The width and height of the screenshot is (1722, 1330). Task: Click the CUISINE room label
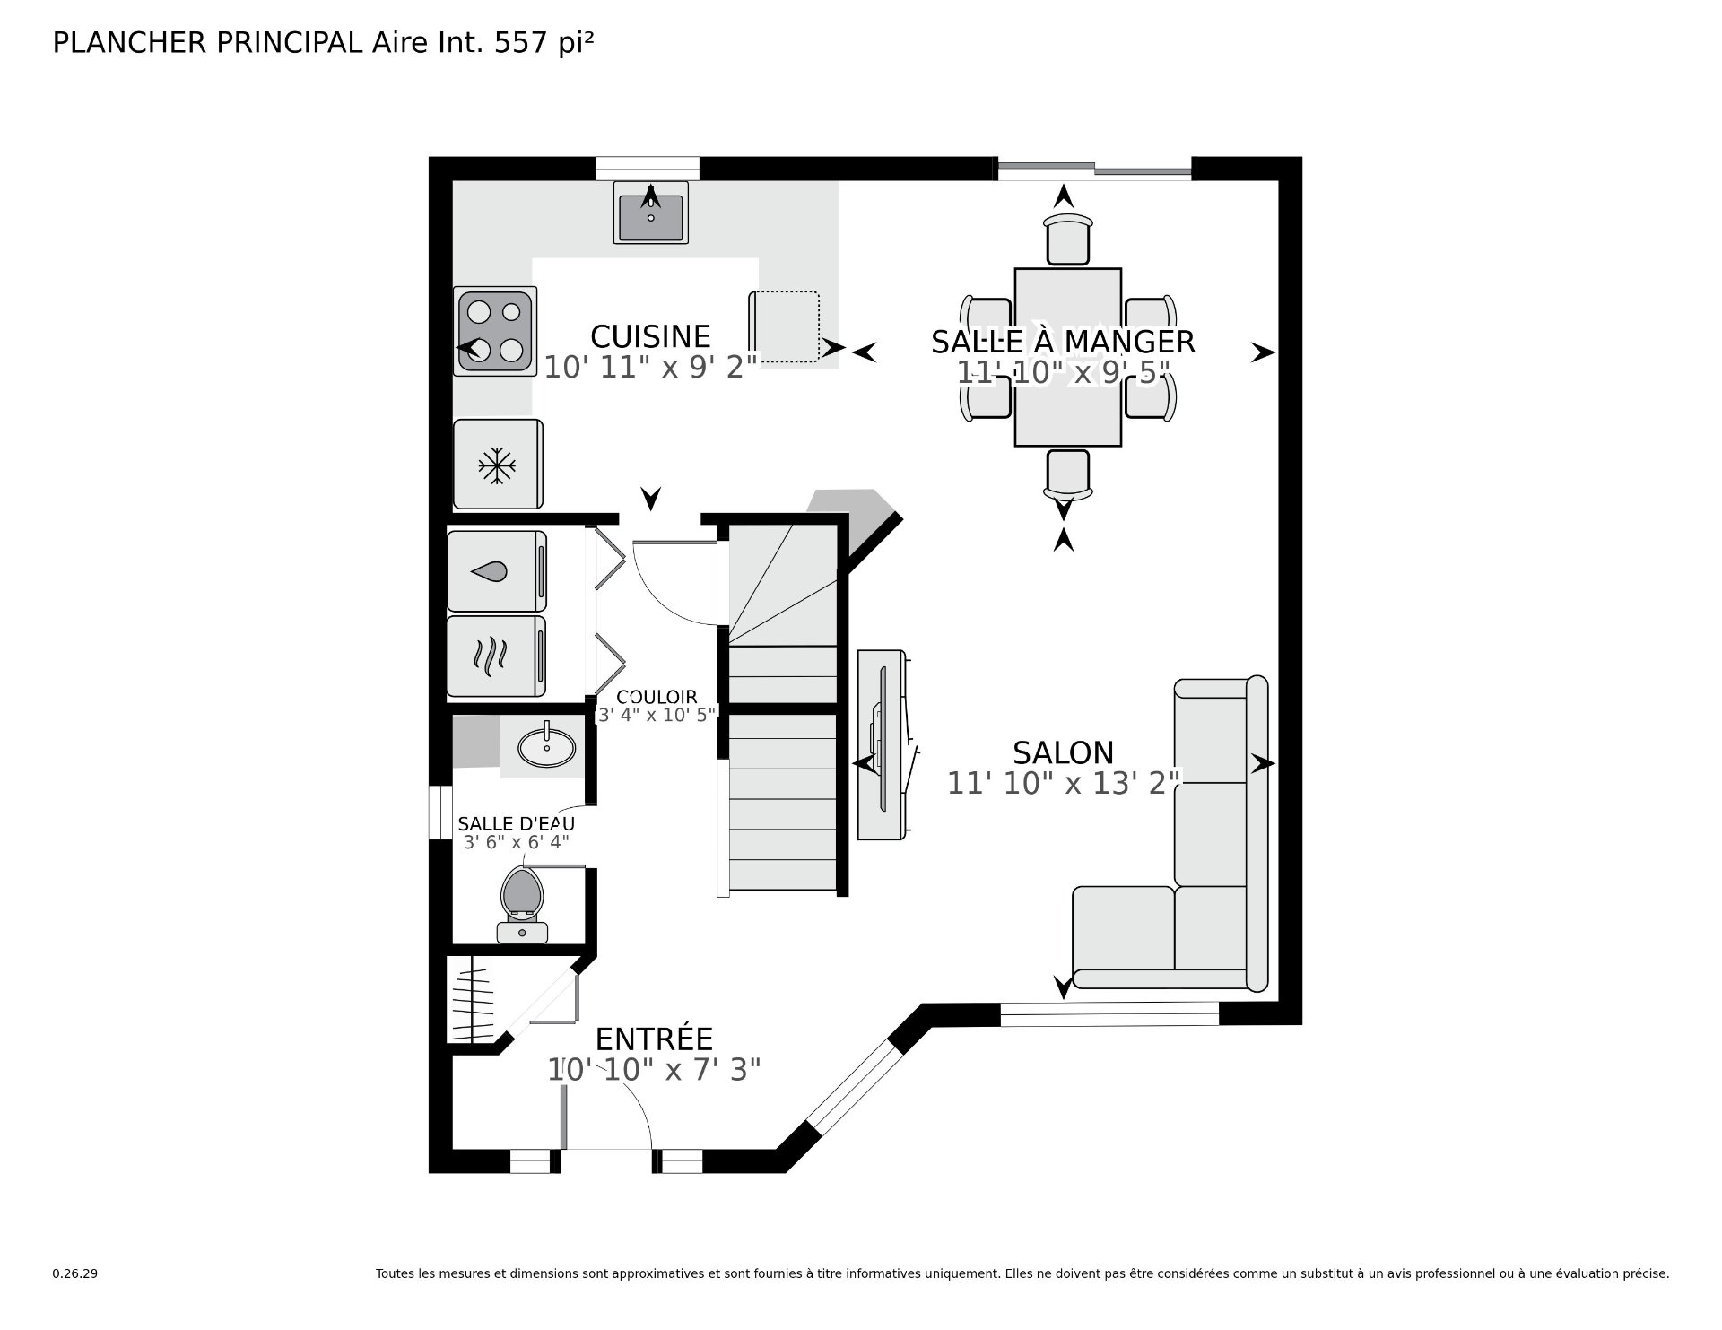pyautogui.click(x=650, y=337)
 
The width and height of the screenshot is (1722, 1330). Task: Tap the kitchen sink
pyautogui.click(x=650, y=213)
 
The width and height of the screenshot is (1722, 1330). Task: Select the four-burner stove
pyautogui.click(x=494, y=331)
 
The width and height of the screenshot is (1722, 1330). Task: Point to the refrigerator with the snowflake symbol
pyautogui.click(x=498, y=464)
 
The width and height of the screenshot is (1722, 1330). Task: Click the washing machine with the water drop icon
pyautogui.click(x=497, y=571)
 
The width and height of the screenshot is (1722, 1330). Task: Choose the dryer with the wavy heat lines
pyautogui.click(x=497, y=656)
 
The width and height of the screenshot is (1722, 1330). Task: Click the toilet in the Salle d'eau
pyautogui.click(x=523, y=904)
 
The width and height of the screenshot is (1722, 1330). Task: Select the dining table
pyautogui.click(x=1067, y=357)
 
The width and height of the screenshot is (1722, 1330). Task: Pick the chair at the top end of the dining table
pyautogui.click(x=1068, y=238)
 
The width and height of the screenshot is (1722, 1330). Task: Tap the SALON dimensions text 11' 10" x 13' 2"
pyautogui.click(x=1064, y=783)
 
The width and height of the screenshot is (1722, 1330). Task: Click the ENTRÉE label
pyautogui.click(x=654, y=1039)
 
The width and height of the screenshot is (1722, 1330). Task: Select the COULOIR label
pyautogui.click(x=657, y=697)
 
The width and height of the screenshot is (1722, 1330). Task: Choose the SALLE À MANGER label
pyautogui.click(x=1063, y=342)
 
